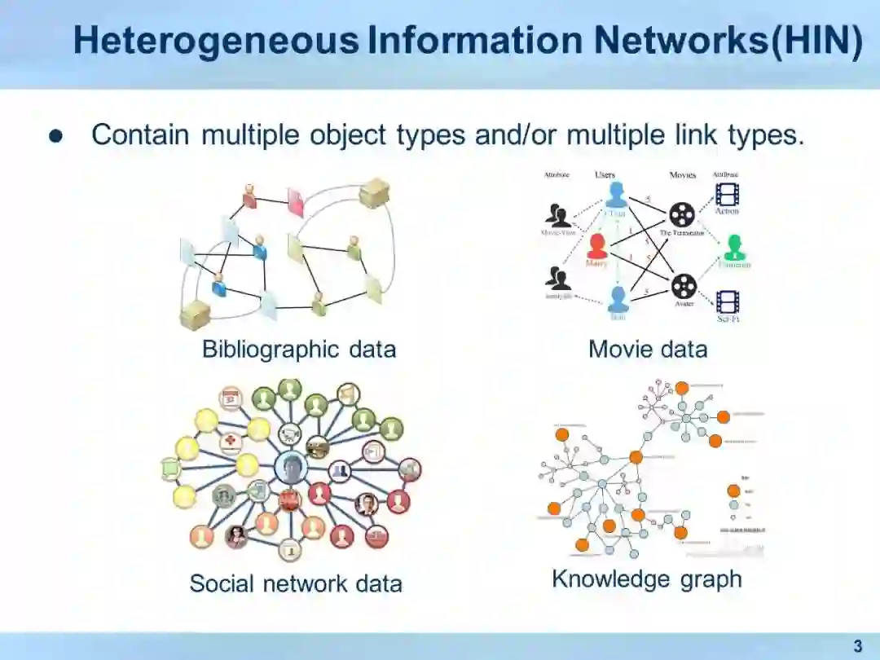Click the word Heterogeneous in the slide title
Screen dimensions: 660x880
[216, 41]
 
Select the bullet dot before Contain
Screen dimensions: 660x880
[55, 136]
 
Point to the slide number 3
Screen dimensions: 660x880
[857, 647]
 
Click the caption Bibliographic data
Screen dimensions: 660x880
[299, 350]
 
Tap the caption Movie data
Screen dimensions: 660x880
[648, 350]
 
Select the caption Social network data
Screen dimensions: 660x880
[296, 583]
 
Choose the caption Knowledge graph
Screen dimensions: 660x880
[647, 579]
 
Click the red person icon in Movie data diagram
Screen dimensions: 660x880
[597, 245]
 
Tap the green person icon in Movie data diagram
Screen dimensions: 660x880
[735, 245]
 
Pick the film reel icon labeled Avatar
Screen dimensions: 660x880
[684, 286]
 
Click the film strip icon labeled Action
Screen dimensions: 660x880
[727, 193]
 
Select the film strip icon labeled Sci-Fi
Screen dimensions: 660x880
[727, 302]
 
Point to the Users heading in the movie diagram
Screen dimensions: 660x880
[605, 175]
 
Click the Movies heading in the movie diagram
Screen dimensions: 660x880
[683, 175]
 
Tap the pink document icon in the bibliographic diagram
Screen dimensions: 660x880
[295, 201]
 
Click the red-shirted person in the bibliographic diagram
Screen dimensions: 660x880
[249, 196]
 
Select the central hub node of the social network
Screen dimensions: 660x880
[290, 469]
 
